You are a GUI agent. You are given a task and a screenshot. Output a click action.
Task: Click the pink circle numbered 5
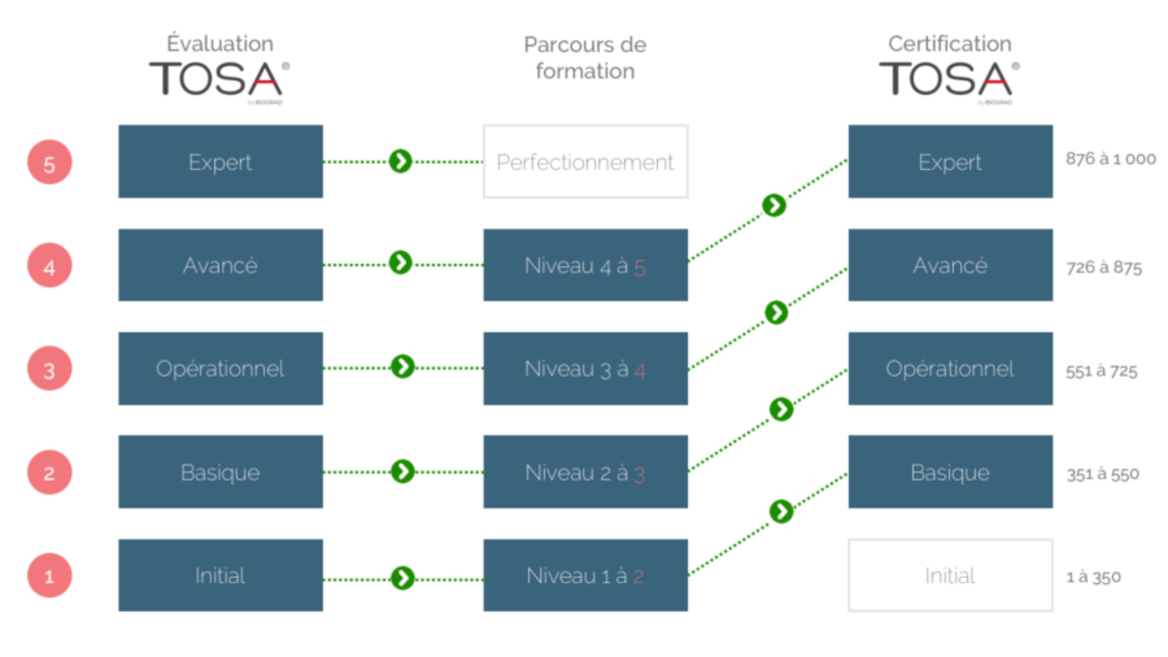(x=49, y=164)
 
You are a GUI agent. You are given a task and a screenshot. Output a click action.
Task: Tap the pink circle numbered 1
(x=49, y=576)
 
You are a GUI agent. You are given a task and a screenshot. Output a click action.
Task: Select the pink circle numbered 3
(x=49, y=370)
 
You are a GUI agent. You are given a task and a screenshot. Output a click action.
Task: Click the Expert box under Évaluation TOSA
(x=220, y=162)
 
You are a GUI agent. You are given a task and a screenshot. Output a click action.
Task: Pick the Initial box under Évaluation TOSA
(x=220, y=575)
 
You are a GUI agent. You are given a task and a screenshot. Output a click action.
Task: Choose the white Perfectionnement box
(x=585, y=162)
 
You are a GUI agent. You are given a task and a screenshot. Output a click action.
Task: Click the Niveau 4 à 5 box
(x=585, y=266)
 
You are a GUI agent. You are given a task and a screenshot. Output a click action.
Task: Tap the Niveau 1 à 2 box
(x=585, y=575)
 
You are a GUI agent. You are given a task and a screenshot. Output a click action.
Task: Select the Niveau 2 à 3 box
(x=585, y=472)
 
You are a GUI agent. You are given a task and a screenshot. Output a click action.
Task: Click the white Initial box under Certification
(x=950, y=575)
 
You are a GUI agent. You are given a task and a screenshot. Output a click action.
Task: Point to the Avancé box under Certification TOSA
(x=950, y=266)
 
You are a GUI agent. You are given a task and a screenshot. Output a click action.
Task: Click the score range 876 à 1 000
(x=1111, y=159)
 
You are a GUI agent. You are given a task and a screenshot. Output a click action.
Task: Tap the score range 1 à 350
(x=1093, y=577)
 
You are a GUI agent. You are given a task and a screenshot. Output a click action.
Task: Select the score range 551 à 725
(x=1101, y=371)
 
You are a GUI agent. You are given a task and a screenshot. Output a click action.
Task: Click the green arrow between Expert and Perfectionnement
(x=401, y=162)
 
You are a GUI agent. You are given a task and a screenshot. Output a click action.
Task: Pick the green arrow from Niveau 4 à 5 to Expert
(x=774, y=205)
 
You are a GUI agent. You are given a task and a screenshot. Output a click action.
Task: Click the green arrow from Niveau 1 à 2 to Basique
(x=781, y=511)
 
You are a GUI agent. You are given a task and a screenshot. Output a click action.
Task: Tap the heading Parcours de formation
(x=585, y=57)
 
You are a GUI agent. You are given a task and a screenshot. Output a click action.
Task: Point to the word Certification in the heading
(x=949, y=44)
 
